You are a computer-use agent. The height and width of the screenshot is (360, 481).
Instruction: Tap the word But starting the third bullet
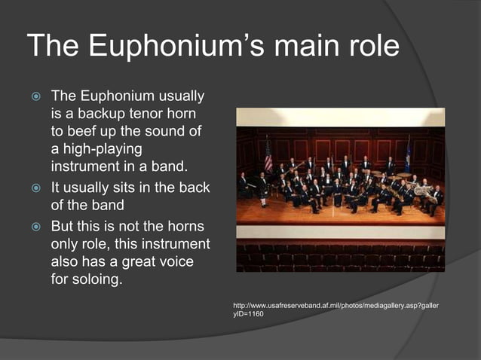click(x=63, y=227)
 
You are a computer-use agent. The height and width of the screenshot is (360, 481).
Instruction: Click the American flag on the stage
click(x=268, y=156)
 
